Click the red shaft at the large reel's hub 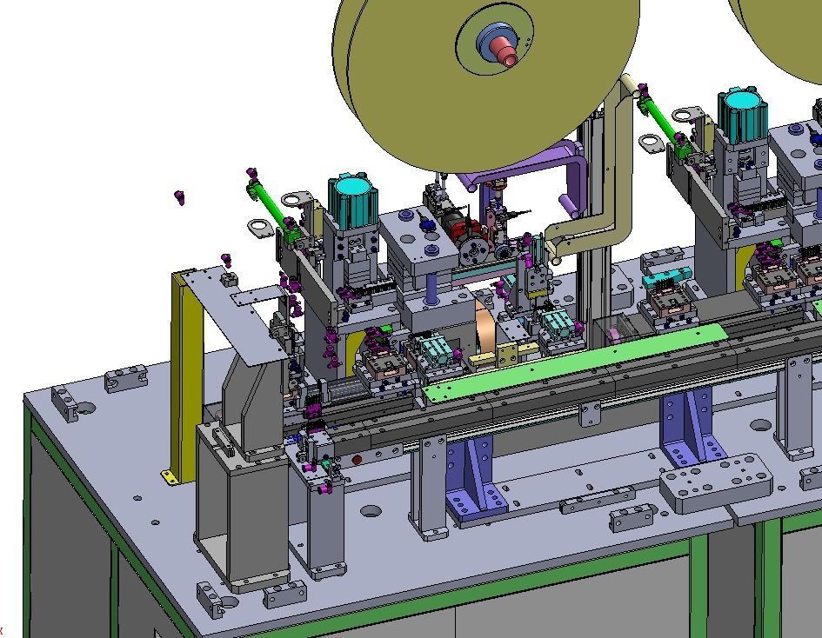tap(502, 50)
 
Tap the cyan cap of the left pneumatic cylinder tap(352, 188)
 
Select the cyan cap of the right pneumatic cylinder tap(743, 100)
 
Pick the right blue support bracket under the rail tap(692, 427)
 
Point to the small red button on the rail tap(357, 460)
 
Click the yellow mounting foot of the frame tap(169, 475)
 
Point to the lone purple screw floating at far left tap(180, 197)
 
